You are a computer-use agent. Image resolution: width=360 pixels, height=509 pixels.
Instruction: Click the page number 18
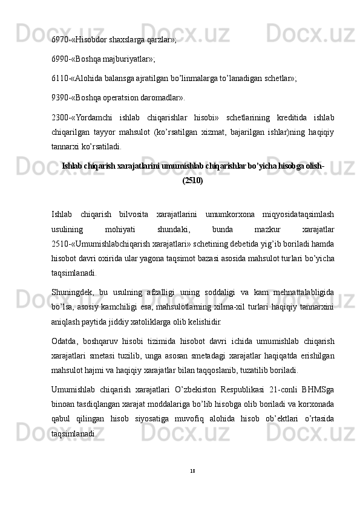coord(192,470)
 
